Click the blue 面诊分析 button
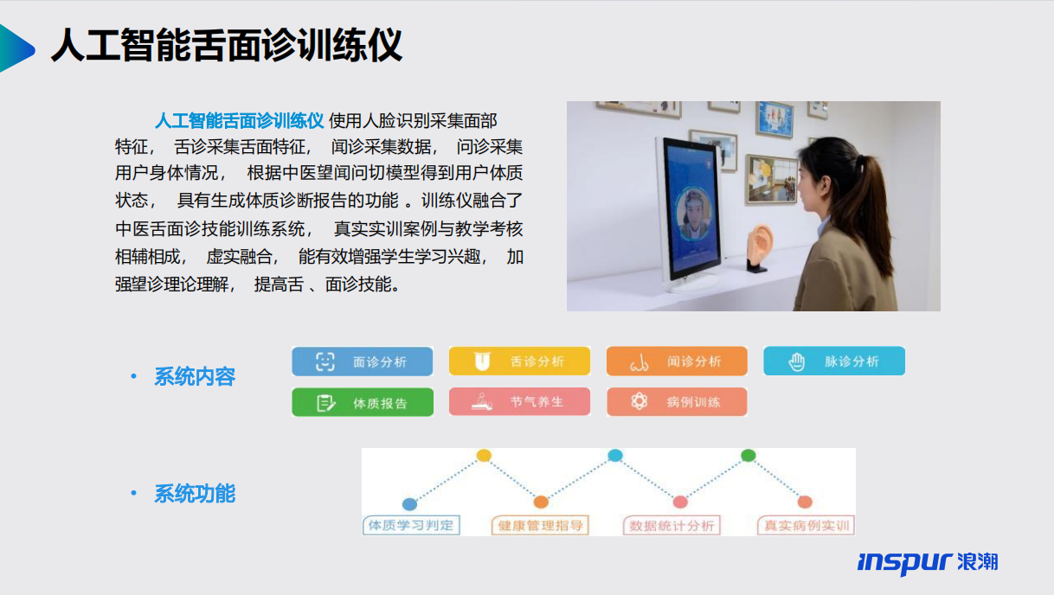point(363,361)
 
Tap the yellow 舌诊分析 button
point(519,361)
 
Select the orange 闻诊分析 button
point(677,361)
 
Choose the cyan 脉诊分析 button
point(834,361)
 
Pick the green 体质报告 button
point(363,402)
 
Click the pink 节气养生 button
point(519,401)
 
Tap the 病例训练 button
point(677,401)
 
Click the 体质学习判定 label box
point(411,526)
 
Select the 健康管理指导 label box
point(540,526)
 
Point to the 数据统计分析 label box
point(672,526)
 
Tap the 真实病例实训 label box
point(806,526)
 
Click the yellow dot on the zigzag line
point(484,455)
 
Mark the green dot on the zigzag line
point(749,455)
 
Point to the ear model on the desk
point(760,247)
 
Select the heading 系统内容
point(195,377)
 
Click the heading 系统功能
point(195,494)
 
